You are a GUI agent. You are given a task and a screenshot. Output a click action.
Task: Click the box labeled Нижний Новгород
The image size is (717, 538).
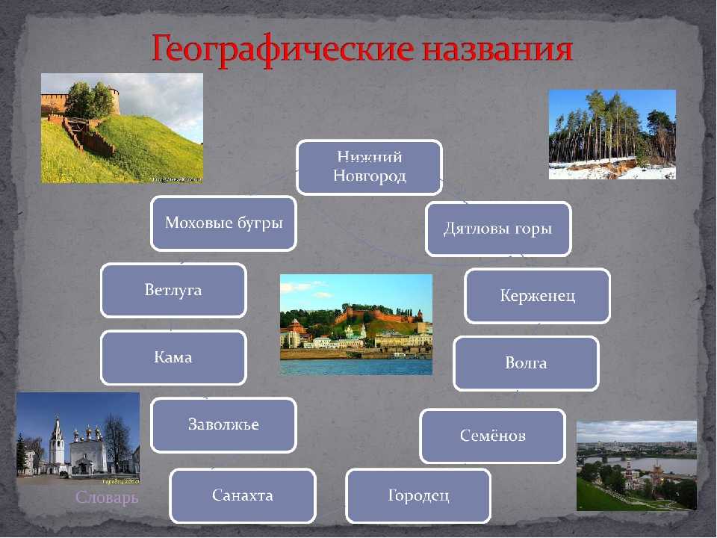[370, 167]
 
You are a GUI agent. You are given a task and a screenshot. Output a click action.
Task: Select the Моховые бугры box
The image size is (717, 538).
[223, 223]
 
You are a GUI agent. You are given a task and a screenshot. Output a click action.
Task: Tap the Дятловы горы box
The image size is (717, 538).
[498, 229]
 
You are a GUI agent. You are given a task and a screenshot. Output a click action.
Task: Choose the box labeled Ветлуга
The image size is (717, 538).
[174, 291]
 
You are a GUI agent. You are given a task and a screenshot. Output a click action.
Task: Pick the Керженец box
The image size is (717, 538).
[537, 296]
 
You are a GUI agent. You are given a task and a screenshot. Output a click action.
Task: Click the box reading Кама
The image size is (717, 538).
[174, 358]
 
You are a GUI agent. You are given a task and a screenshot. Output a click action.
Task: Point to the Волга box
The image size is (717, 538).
[527, 364]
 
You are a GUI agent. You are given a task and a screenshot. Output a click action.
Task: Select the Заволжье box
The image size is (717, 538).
[223, 425]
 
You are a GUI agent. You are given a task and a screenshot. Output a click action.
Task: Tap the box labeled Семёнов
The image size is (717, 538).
[493, 436]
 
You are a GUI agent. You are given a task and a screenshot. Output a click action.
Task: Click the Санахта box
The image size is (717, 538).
[243, 496]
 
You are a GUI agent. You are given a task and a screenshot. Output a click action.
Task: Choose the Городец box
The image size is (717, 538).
[418, 496]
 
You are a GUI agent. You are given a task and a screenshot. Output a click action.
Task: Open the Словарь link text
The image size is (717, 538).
[107, 498]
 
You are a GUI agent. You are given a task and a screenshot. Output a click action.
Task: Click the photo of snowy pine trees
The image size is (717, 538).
[612, 134]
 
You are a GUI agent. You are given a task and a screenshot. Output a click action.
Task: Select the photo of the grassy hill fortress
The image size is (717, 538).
[122, 128]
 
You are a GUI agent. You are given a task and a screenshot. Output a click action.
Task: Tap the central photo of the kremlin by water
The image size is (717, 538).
[356, 325]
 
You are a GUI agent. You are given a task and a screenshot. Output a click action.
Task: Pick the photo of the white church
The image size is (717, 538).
[78, 439]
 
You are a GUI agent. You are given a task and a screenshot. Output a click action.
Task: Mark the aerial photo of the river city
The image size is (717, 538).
[637, 466]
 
